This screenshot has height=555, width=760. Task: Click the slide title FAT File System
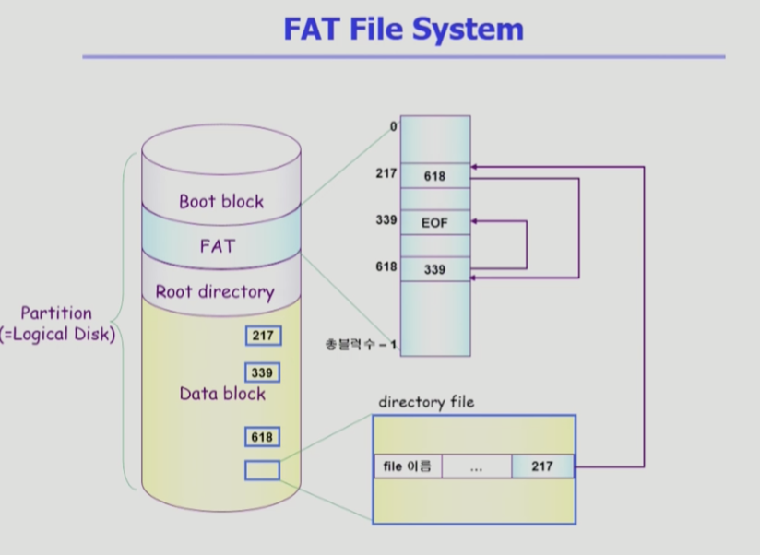403,30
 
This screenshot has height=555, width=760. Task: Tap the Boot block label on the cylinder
221,202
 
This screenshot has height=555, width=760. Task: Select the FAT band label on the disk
218,246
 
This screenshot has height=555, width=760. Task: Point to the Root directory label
215,292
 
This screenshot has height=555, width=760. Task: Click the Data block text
222,394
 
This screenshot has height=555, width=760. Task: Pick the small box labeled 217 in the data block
263,336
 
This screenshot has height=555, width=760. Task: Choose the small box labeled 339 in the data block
262,372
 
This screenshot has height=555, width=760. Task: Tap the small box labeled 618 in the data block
262,437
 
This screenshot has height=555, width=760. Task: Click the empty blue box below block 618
262,470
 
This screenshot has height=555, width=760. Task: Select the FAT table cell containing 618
435,176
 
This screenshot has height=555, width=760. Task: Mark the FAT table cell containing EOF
435,223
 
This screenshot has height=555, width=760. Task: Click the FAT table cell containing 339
435,269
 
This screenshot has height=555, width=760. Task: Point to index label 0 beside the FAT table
394,126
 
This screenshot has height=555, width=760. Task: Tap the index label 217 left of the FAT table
386,173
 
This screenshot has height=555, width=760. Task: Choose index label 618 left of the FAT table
386,266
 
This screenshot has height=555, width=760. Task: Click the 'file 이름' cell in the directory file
408,466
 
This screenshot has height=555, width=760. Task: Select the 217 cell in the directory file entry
542,466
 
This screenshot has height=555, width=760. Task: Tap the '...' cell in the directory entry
477,466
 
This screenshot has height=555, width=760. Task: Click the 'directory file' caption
426,402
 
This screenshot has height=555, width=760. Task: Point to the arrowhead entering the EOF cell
474,221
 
